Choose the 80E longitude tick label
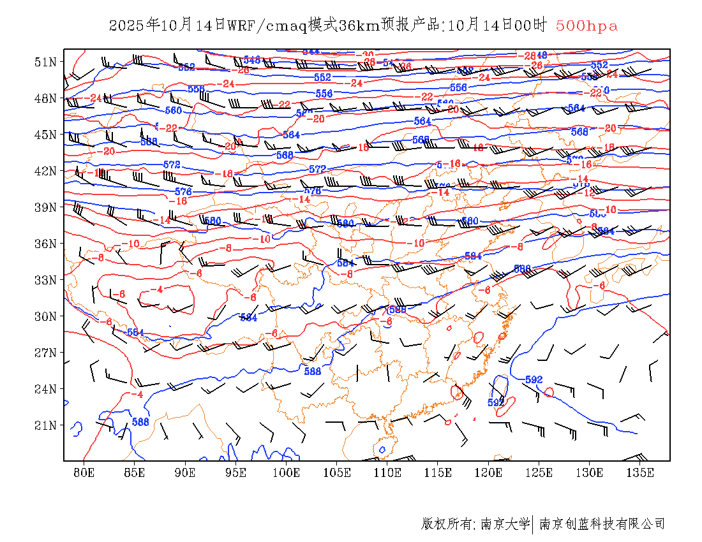(84, 472)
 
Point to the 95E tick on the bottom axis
(236, 472)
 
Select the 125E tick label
(539, 472)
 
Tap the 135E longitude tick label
(640, 472)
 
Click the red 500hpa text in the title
(586, 26)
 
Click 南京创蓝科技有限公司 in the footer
(602, 524)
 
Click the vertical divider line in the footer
(533, 524)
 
